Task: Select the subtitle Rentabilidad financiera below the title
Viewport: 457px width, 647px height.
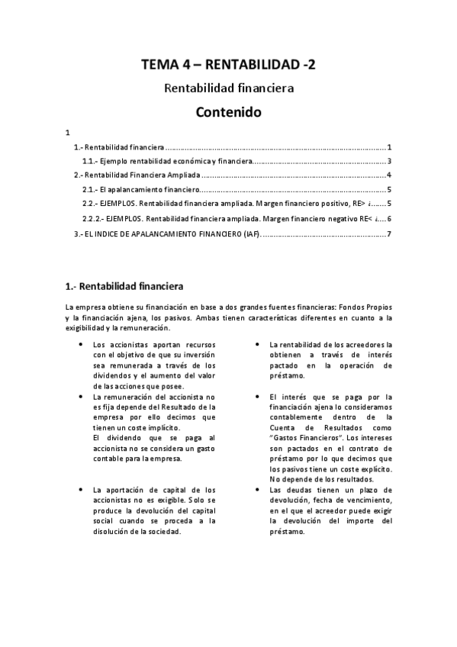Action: pos(228,89)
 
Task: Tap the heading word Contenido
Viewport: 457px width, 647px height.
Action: pos(228,113)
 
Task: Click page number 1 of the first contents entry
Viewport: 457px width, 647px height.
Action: pos(389,146)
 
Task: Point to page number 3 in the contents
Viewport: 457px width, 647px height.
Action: pos(389,161)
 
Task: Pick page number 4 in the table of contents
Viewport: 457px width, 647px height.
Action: pos(389,175)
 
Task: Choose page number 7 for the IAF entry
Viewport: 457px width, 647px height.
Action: pos(389,233)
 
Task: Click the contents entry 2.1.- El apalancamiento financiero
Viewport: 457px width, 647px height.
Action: pos(140,190)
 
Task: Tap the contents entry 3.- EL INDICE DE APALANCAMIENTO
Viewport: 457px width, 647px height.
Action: pos(167,233)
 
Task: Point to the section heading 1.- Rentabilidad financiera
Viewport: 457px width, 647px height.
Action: pos(124,287)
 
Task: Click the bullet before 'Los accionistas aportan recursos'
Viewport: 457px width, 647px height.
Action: pos(81,345)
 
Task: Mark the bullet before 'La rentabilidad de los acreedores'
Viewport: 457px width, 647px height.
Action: pos(259,345)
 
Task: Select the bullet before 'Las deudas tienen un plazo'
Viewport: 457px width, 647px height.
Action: pos(259,489)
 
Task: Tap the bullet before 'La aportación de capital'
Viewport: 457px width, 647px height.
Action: pos(81,489)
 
